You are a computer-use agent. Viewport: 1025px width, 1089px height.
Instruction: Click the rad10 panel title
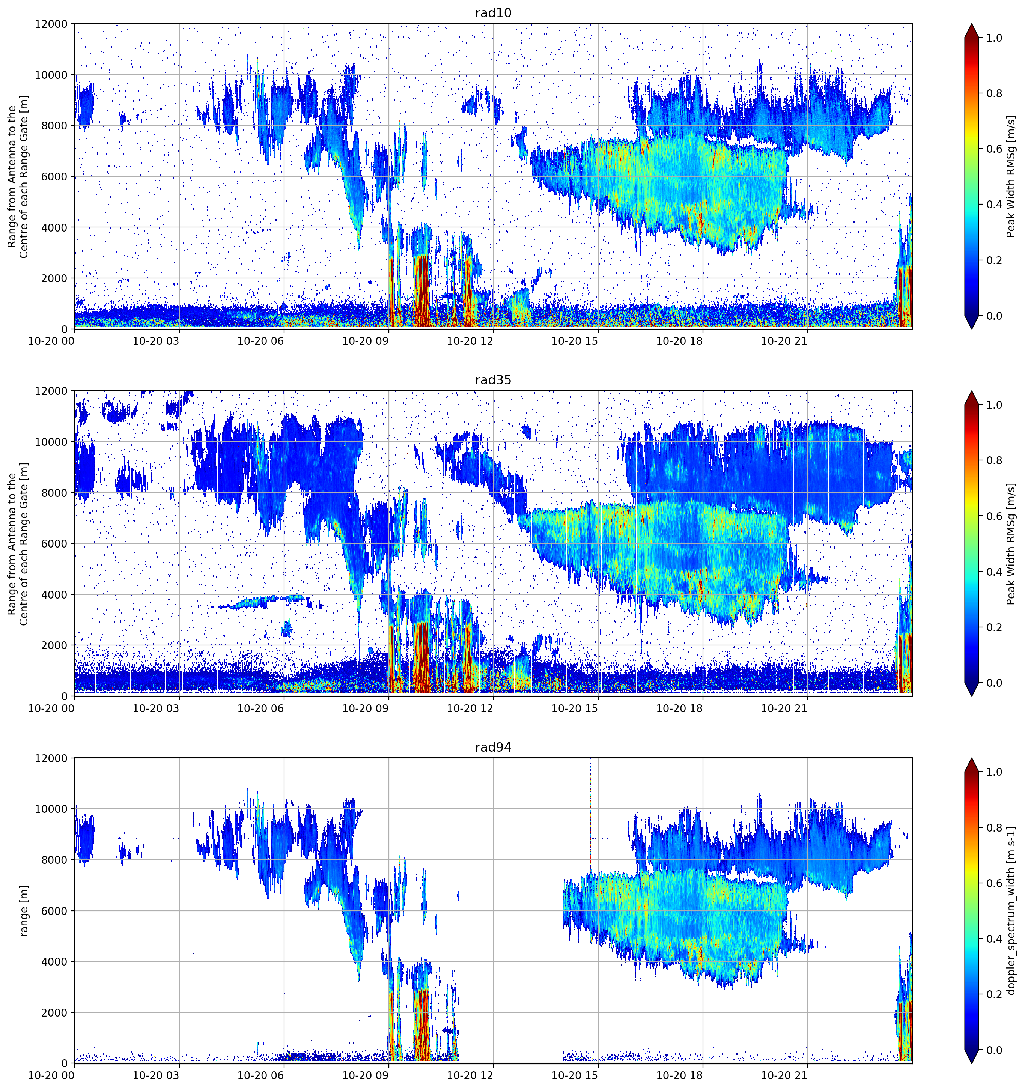click(493, 13)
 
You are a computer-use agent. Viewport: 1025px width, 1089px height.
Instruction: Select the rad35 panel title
click(493, 380)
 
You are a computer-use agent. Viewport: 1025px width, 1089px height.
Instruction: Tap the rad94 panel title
click(493, 747)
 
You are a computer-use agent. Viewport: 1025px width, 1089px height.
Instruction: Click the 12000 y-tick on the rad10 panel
click(51, 24)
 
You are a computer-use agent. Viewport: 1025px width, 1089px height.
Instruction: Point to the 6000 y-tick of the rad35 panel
click(55, 544)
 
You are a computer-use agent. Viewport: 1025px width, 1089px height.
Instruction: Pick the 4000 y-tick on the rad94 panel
click(55, 962)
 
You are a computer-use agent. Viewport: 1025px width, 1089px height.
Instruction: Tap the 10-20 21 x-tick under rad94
click(784, 1076)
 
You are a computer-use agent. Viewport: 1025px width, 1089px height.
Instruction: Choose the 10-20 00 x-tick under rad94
click(51, 1076)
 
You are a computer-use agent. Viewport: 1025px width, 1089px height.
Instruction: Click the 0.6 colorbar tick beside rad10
click(994, 149)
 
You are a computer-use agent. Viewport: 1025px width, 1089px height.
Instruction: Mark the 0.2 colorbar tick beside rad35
click(994, 627)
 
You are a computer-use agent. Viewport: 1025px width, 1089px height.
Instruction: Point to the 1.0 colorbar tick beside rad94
click(994, 772)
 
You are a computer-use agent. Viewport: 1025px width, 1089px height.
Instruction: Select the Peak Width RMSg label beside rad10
click(1011, 176)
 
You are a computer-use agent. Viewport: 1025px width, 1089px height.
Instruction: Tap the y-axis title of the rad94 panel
click(24, 911)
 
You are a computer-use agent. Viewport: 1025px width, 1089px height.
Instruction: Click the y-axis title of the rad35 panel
click(18, 544)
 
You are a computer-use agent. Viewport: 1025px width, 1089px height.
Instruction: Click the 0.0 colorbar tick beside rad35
click(994, 683)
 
